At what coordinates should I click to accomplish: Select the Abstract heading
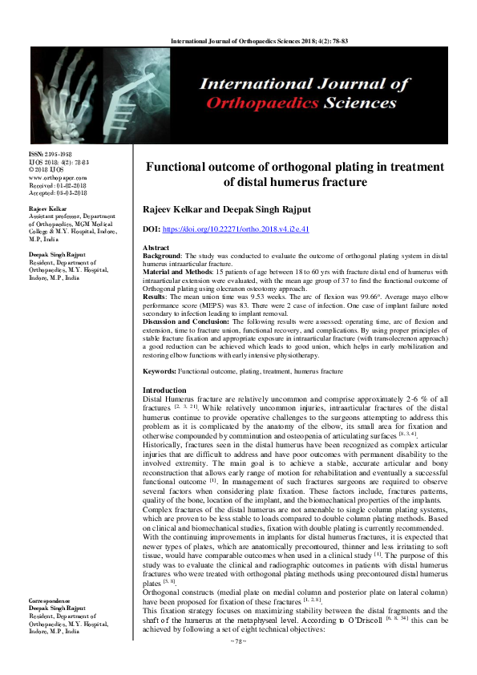(x=156, y=249)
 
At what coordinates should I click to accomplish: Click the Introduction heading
(x=164, y=390)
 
